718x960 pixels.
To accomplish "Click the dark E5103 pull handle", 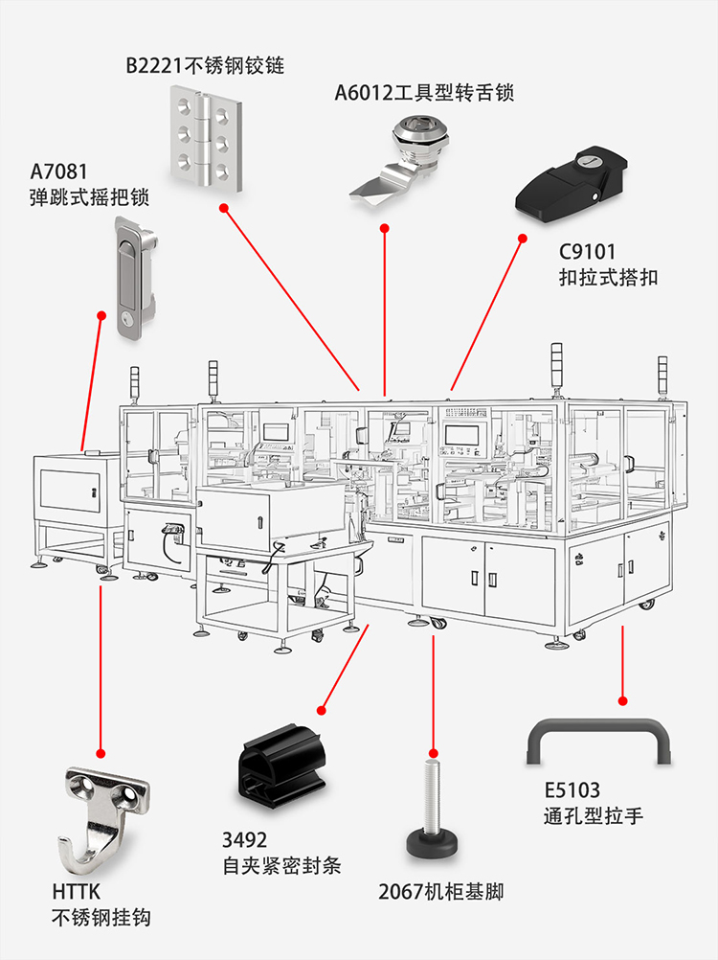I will coord(599,742).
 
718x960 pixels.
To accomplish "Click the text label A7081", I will coord(58,172).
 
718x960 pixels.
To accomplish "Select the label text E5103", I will coord(572,790).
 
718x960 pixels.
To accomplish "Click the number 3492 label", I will coord(245,840).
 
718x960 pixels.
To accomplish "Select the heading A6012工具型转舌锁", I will coord(424,93).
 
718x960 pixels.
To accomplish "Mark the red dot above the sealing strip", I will coord(322,711).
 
